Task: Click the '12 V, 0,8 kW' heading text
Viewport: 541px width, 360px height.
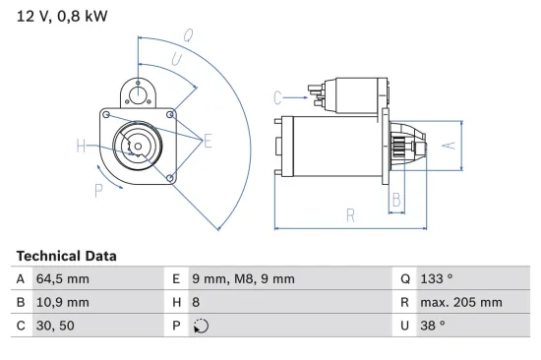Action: click(62, 18)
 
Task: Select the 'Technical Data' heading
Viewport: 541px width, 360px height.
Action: click(66, 256)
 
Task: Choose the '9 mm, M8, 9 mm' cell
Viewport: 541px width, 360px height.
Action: click(242, 279)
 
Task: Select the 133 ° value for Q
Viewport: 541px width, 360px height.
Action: click(439, 279)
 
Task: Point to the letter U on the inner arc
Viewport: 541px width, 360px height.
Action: click(176, 60)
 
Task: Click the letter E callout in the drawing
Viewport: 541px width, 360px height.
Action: click(208, 142)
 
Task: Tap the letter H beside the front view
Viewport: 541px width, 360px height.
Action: click(81, 148)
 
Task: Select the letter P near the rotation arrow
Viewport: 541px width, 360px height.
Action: click(98, 190)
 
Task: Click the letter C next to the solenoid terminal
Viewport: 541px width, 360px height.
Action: click(278, 96)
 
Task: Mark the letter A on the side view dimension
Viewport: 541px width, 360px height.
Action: click(448, 145)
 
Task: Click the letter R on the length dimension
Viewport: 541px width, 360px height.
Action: click(350, 214)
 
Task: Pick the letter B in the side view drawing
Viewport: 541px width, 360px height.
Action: click(395, 200)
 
